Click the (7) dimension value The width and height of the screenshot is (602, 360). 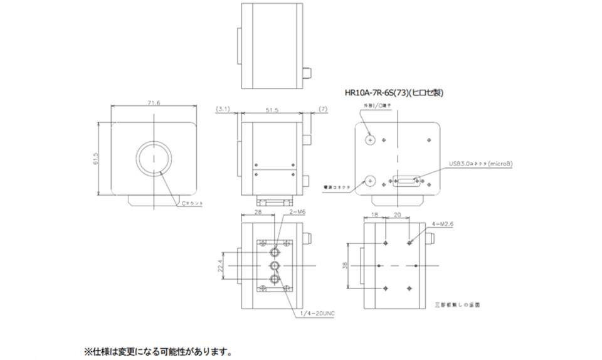[x=324, y=109]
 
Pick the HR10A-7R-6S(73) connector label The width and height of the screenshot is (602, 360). [x=394, y=93]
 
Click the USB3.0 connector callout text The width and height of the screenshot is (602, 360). [x=480, y=164]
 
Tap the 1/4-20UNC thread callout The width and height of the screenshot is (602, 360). [x=317, y=313]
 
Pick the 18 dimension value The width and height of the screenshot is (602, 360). [x=375, y=214]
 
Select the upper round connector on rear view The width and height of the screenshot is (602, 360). [x=370, y=139]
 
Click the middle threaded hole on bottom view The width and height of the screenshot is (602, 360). [x=275, y=267]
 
